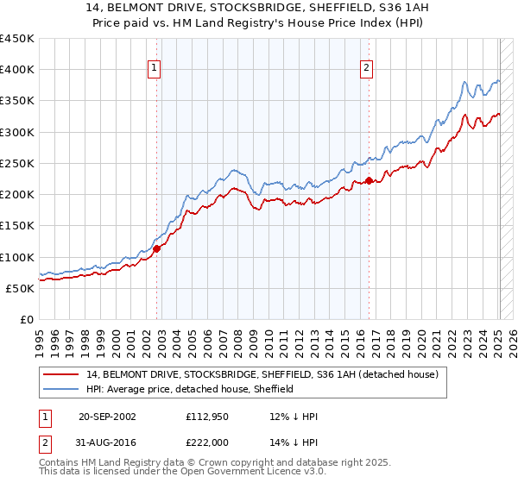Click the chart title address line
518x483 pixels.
click(x=259, y=8)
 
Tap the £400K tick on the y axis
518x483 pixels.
click(x=17, y=70)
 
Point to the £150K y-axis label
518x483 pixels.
click(x=17, y=225)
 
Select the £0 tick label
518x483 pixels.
click(x=27, y=319)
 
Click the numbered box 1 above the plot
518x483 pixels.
click(x=154, y=68)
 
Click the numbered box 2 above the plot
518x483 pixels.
click(x=366, y=68)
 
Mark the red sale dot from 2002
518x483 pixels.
click(x=157, y=248)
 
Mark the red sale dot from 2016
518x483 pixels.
click(x=369, y=180)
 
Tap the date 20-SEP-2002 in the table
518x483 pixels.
click(x=107, y=417)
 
